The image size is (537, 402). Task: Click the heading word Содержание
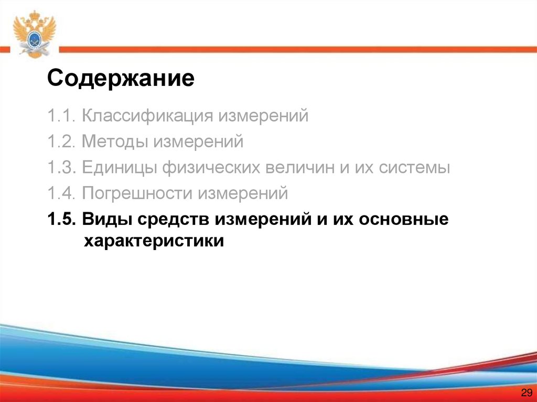click(x=121, y=80)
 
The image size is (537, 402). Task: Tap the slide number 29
click(x=526, y=393)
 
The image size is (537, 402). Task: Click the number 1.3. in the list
click(x=61, y=168)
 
